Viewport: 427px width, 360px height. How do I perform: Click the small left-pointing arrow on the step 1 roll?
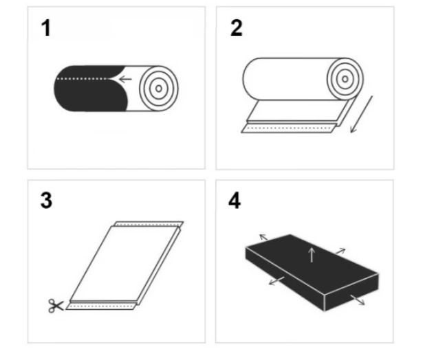click(x=124, y=79)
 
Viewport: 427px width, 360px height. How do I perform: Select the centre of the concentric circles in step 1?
click(x=157, y=88)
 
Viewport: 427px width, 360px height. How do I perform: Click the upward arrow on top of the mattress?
click(x=311, y=254)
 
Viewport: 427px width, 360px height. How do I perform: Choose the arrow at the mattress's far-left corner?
click(x=264, y=237)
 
